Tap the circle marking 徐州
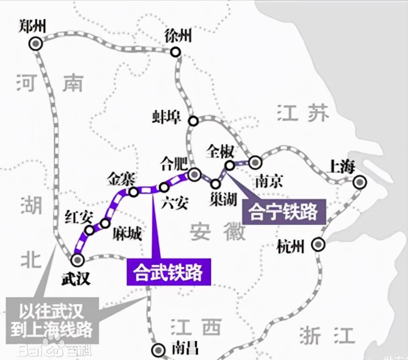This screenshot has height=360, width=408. pyautogui.click(x=175, y=52)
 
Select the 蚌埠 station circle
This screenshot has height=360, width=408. pyautogui.click(x=193, y=121)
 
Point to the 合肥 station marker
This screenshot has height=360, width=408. pyautogui.click(x=194, y=174)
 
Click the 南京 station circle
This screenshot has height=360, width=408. pyautogui.click(x=255, y=162)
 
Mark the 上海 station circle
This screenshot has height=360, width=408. pyautogui.click(x=359, y=183)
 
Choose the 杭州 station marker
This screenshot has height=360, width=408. pyautogui.click(x=319, y=244)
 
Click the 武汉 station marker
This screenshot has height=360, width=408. pyautogui.click(x=77, y=259)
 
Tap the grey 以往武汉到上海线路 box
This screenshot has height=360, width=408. pyautogui.click(x=52, y=320)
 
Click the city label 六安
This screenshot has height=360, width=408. pyautogui.click(x=174, y=203)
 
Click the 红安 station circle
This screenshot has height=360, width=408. pyautogui.click(x=89, y=230)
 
